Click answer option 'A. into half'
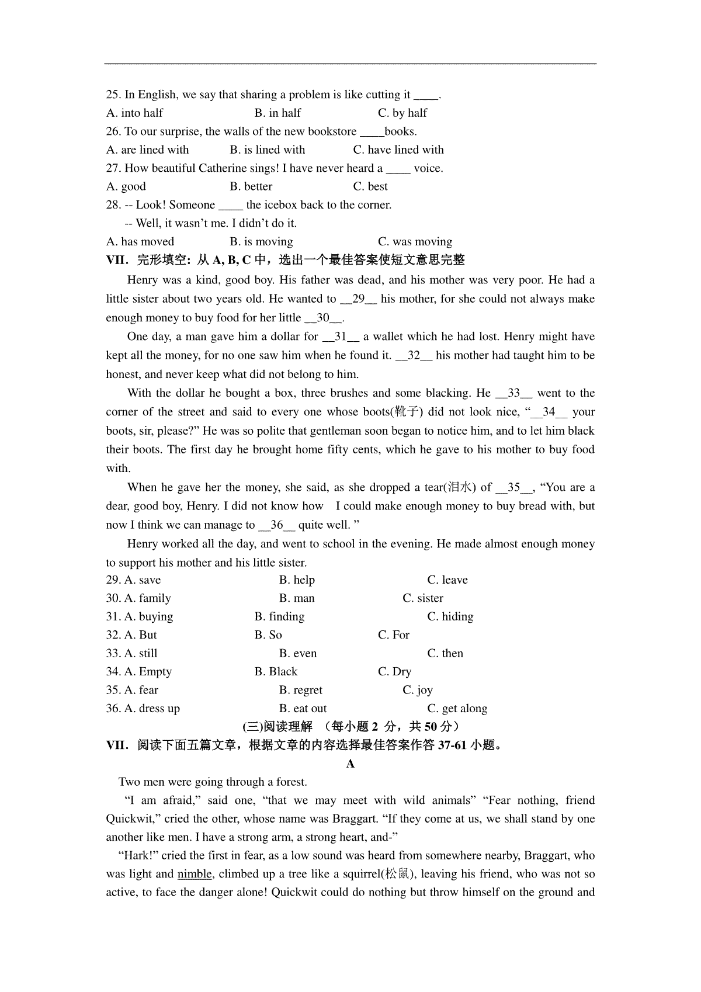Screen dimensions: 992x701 (134, 113)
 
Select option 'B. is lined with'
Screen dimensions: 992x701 (267, 150)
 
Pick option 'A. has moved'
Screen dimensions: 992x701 (140, 241)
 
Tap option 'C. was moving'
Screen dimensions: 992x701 (415, 241)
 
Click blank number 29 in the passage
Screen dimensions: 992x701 (359, 299)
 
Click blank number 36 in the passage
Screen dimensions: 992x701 (276, 525)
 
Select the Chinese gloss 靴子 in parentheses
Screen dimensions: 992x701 (406, 412)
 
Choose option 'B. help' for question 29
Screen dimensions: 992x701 (297, 580)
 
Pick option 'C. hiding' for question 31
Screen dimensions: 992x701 (450, 616)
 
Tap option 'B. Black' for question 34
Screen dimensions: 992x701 (276, 671)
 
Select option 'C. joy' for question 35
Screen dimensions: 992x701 (418, 690)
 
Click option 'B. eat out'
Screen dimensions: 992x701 (303, 709)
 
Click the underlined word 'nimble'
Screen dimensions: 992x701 (195, 874)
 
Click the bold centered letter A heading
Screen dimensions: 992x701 (350, 764)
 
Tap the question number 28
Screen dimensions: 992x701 (113, 204)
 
